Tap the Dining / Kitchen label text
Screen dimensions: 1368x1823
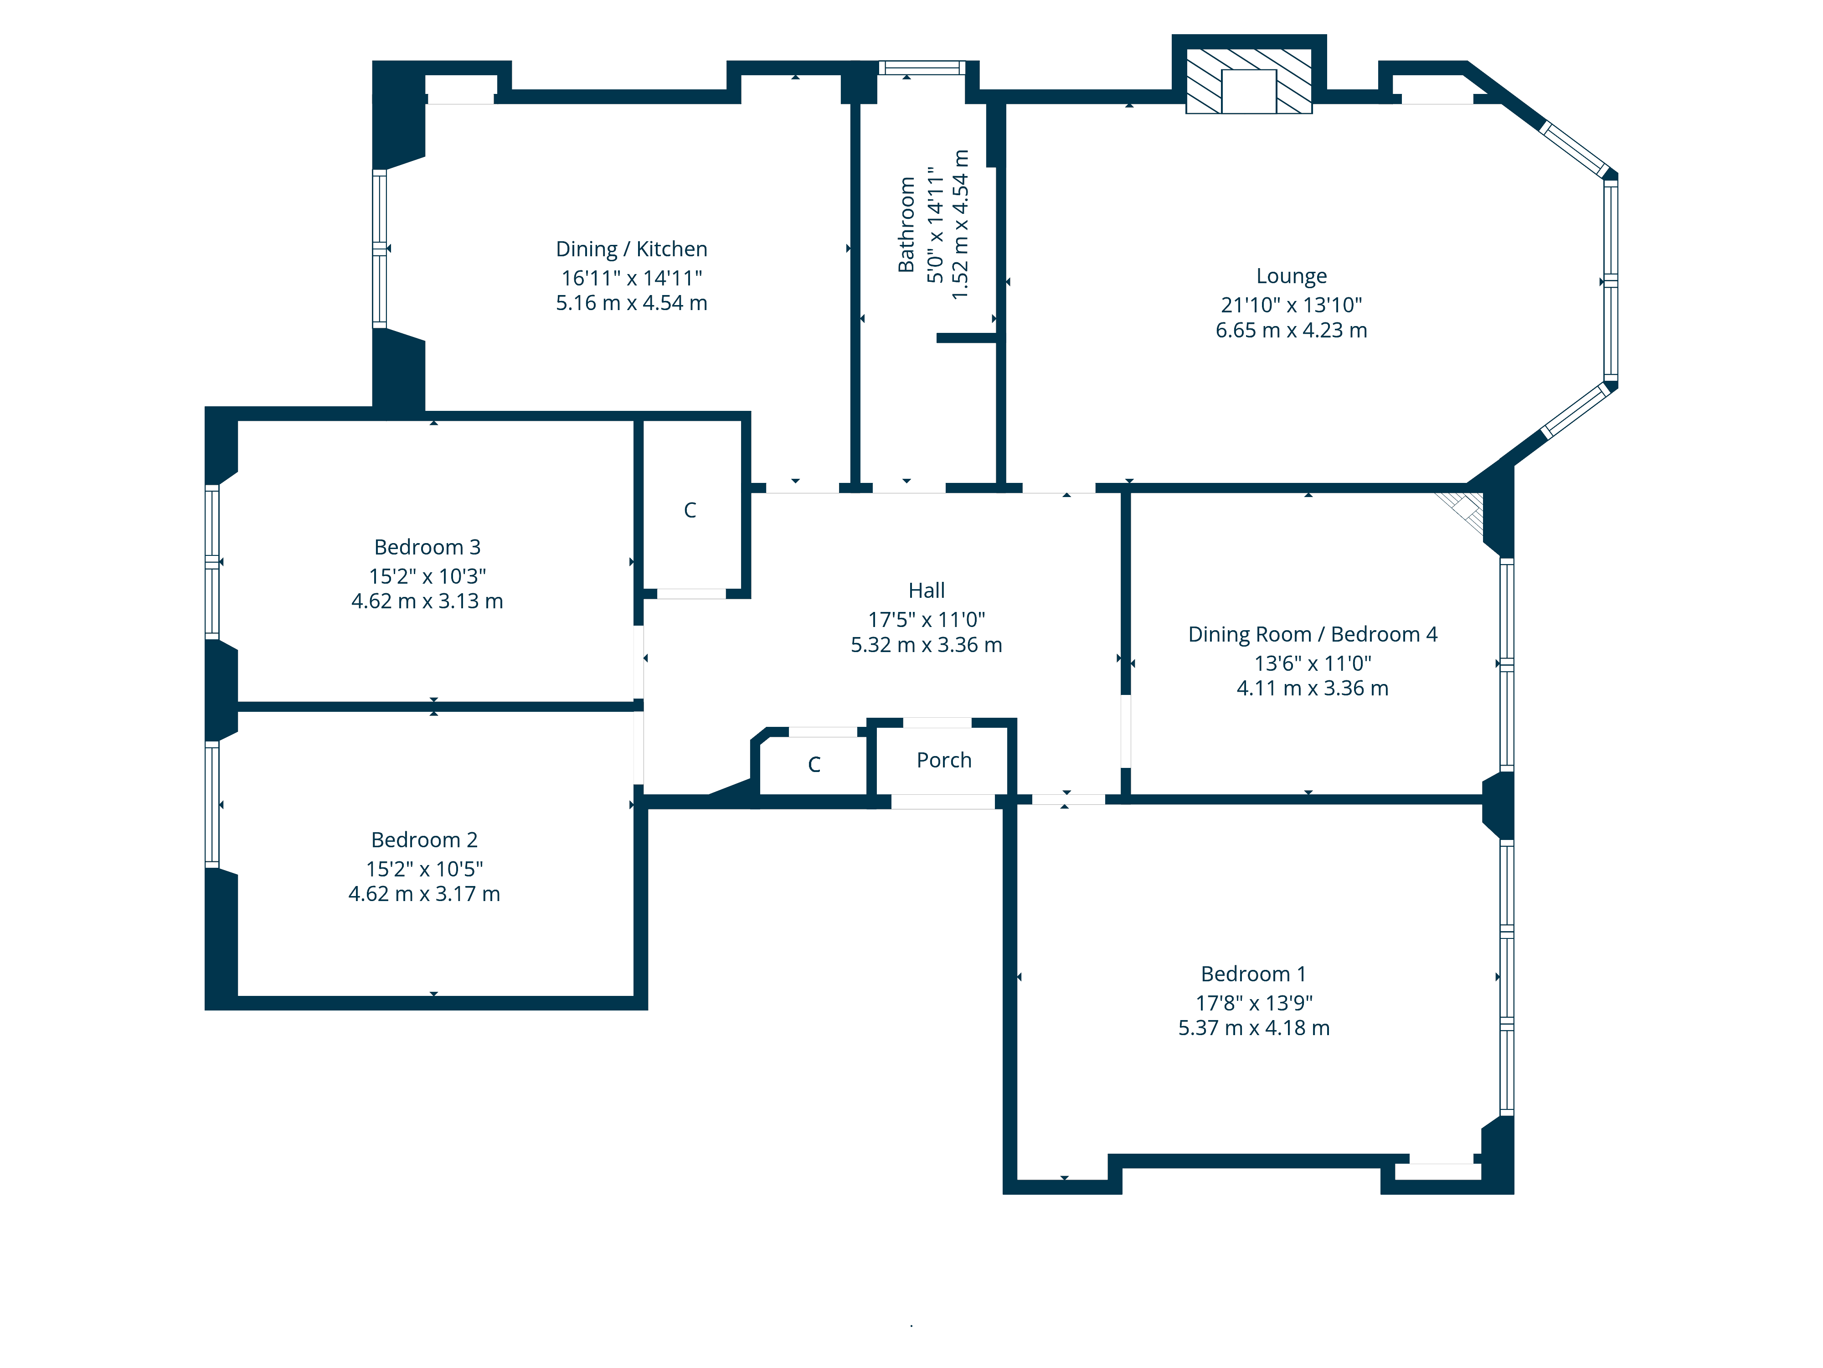631,249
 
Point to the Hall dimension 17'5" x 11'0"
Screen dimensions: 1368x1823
927,619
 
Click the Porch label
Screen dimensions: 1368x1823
944,760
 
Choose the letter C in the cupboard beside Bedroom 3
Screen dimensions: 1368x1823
690,510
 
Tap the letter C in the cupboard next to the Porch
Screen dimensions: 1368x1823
814,764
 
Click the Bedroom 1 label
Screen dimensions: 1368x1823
1253,974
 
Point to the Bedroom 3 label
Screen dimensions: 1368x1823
427,548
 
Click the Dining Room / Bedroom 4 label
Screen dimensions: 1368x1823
1312,634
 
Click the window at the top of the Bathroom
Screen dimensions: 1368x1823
922,67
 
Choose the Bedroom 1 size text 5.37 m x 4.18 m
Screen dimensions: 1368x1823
1253,1028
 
